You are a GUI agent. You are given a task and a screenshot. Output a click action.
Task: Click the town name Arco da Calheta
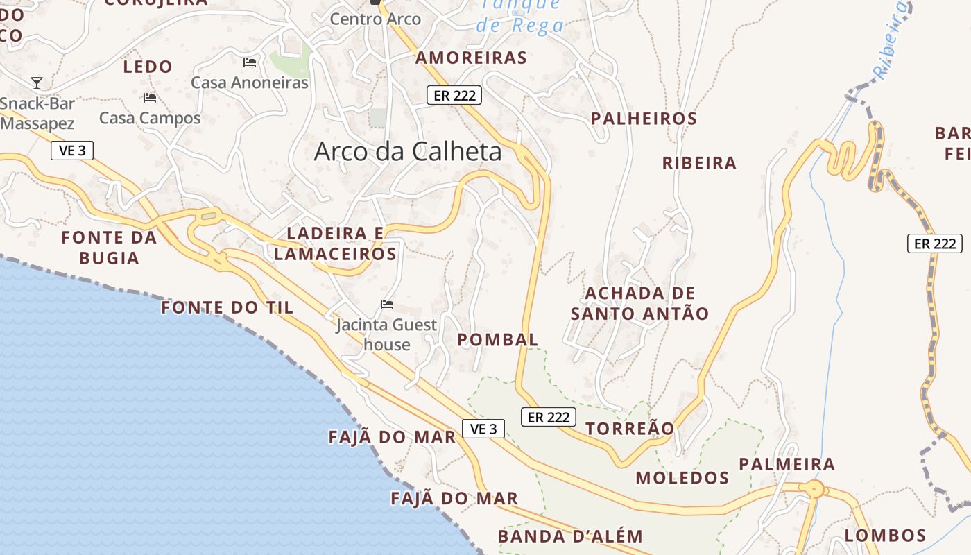click(x=408, y=151)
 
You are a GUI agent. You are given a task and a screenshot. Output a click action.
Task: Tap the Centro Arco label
click(x=375, y=19)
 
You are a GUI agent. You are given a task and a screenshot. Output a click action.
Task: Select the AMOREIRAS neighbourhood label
click(x=471, y=58)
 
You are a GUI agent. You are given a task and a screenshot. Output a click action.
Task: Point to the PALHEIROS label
click(x=644, y=119)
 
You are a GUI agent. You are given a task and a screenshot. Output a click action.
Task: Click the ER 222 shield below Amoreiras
click(x=454, y=95)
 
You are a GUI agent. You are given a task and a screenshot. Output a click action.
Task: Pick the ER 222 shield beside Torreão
click(x=548, y=417)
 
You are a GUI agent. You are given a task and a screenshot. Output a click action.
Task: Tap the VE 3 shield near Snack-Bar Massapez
click(x=72, y=150)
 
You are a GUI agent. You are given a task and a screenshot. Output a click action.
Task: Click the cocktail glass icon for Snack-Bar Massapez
click(x=37, y=83)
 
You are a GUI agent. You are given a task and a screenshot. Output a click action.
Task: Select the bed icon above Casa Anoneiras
click(x=250, y=62)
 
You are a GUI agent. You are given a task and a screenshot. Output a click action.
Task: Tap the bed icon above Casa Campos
click(x=150, y=97)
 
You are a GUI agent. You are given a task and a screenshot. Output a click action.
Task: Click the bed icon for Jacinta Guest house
click(x=387, y=304)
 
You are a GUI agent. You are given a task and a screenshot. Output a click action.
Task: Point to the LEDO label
click(x=147, y=67)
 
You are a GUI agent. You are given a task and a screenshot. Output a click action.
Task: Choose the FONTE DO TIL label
click(x=227, y=307)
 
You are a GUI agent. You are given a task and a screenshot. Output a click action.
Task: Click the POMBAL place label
click(x=497, y=340)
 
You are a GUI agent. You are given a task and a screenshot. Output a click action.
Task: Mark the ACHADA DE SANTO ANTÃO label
click(x=639, y=303)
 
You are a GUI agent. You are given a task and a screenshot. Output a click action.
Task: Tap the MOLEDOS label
click(x=682, y=477)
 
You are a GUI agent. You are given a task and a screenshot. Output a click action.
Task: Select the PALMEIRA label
click(x=787, y=464)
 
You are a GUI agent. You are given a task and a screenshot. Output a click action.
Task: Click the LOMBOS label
click(x=885, y=536)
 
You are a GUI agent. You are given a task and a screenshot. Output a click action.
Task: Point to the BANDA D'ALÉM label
click(x=570, y=536)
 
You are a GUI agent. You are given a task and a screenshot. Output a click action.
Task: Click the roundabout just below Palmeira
click(x=813, y=489)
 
